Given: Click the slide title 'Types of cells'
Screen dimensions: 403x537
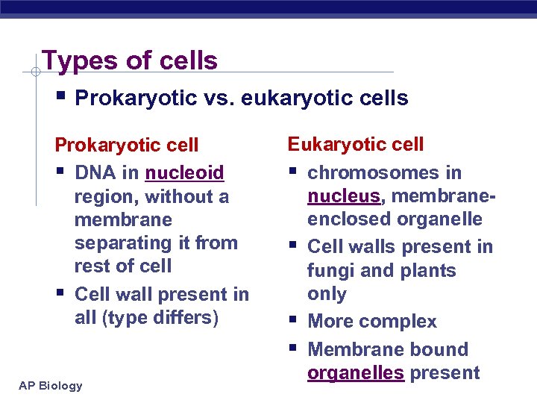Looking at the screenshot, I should [x=130, y=60].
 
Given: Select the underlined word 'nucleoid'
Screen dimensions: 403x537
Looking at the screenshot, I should [x=184, y=173].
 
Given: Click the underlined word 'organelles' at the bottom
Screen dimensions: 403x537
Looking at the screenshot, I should [x=356, y=373].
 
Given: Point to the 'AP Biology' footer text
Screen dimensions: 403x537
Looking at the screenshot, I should [x=51, y=385].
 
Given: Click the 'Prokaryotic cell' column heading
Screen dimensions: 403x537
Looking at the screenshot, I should [x=127, y=145].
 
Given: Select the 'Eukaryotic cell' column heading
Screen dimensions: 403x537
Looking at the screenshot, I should [x=356, y=144].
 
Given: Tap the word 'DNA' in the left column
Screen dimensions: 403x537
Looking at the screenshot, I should [x=95, y=173].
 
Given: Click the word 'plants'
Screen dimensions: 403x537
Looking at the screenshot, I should [x=428, y=270].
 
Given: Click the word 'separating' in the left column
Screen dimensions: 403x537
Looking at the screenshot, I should [x=118, y=243].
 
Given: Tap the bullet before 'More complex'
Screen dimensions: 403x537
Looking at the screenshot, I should [x=294, y=321].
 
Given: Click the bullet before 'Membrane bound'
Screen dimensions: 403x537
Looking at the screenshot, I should [x=294, y=349].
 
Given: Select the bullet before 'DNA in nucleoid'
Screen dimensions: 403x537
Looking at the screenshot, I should [x=61, y=172].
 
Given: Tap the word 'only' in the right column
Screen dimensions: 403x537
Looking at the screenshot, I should [x=327, y=293].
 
